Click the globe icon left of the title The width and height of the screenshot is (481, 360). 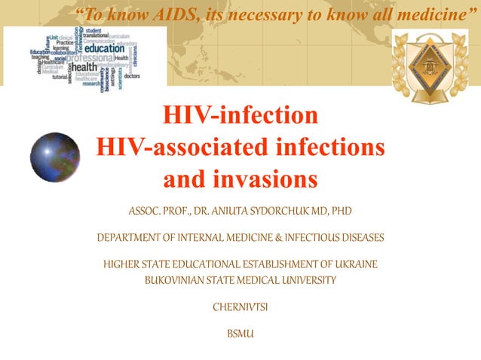(x=55, y=157)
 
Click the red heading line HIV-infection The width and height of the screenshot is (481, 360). (x=240, y=117)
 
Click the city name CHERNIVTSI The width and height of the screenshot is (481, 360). (x=240, y=307)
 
